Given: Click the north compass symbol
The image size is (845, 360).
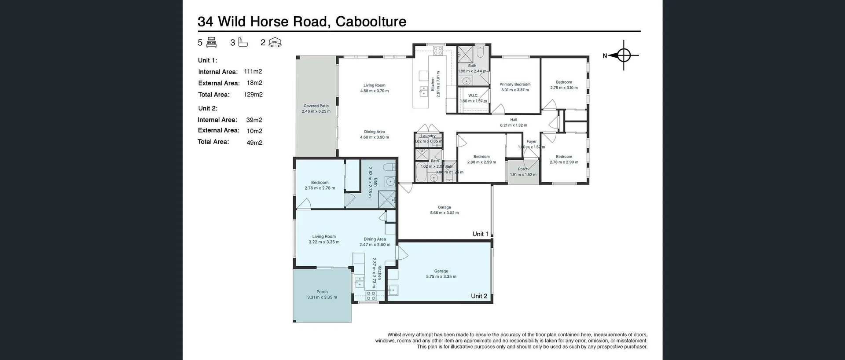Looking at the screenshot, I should pyautogui.click(x=624, y=55).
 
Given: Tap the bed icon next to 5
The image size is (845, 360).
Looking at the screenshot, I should pyautogui.click(x=211, y=42).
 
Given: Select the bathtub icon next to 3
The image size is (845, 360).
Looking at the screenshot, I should pyautogui.click(x=243, y=42).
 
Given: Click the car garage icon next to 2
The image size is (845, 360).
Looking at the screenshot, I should pyautogui.click(x=275, y=42).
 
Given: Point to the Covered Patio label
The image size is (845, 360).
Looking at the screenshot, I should pyautogui.click(x=316, y=106).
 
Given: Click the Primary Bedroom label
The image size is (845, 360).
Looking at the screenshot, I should pyautogui.click(x=515, y=84).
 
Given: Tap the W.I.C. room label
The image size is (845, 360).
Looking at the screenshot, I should pyautogui.click(x=473, y=96).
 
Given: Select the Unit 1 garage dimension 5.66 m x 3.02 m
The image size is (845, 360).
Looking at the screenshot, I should pyautogui.click(x=445, y=213).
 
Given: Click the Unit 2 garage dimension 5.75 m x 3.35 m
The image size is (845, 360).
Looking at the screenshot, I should pyautogui.click(x=441, y=277).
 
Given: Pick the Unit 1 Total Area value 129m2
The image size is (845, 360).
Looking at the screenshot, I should pyautogui.click(x=253, y=95).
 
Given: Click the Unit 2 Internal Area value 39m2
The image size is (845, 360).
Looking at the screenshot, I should pyautogui.click(x=254, y=120).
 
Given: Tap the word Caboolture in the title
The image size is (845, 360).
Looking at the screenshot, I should pyautogui.click(x=371, y=22).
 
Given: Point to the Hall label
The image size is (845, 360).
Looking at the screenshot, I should pyautogui.click(x=514, y=120).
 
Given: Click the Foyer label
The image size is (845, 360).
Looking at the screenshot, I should pyautogui.click(x=531, y=142).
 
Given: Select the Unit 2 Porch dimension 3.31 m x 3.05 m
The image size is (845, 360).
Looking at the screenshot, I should pyautogui.click(x=322, y=298).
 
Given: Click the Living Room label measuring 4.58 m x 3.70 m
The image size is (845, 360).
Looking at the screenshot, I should pyautogui.click(x=374, y=85).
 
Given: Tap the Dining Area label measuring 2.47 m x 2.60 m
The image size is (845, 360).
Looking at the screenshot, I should pyautogui.click(x=375, y=239).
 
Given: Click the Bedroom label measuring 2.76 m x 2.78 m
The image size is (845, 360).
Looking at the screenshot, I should pyautogui.click(x=320, y=183).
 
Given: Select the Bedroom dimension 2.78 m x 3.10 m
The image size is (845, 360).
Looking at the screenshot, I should pyautogui.click(x=564, y=88).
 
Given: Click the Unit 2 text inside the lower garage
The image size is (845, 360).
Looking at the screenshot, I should pyautogui.click(x=479, y=296).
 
